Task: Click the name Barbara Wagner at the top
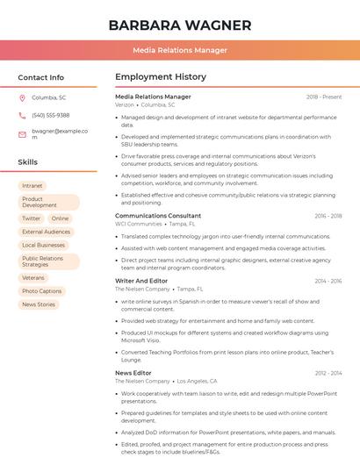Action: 179,25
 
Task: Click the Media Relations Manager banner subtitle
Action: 179,50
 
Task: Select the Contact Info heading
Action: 40,77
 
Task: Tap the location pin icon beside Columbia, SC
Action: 22,97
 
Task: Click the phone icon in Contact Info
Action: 22,115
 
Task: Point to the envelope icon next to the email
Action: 22,133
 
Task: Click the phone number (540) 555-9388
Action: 50,115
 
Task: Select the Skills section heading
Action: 28,162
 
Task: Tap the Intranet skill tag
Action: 32,186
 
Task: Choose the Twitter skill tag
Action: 32,218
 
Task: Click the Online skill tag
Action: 60,218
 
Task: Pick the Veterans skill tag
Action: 33,277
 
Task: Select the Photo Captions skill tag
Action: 42,291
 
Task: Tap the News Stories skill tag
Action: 39,304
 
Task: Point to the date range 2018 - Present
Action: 324,97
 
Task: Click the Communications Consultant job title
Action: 158,215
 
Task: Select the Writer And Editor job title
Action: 141,281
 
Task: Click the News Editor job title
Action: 133,373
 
